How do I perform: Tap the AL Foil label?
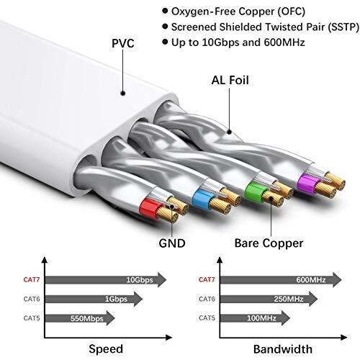point(234,80)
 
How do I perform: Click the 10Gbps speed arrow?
point(108,279)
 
